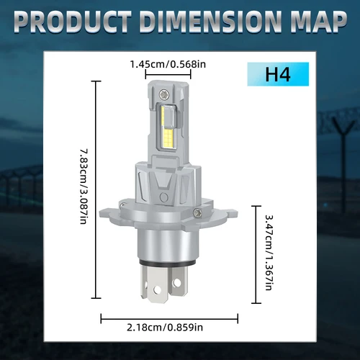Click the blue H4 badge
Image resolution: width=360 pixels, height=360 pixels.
(x=277, y=75)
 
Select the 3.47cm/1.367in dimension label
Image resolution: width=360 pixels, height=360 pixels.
(x=268, y=252)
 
